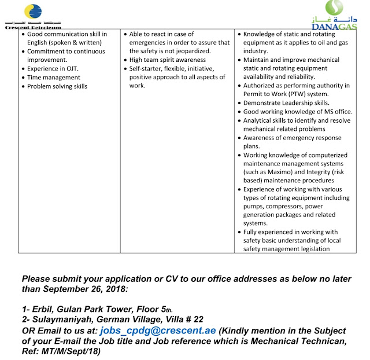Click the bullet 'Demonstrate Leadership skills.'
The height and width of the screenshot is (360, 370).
(x=289, y=103)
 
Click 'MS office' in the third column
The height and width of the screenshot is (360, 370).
(x=335, y=112)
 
